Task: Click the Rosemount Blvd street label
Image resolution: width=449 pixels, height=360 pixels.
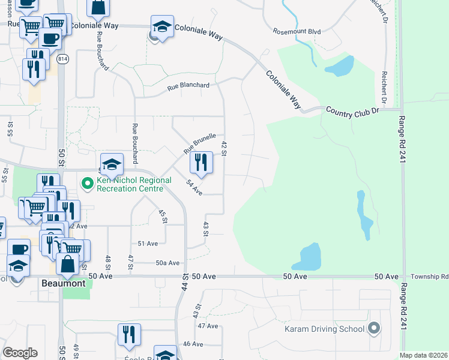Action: (x=297, y=31)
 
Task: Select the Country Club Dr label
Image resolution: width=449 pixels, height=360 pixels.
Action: (x=353, y=111)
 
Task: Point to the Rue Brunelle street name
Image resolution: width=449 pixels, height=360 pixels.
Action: (x=199, y=142)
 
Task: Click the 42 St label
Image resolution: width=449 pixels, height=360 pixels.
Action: (x=224, y=149)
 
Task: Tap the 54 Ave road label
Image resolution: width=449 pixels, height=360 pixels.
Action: (x=194, y=188)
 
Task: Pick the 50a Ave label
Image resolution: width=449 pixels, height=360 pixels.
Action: (x=167, y=263)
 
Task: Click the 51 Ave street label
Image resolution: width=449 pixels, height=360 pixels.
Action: (x=148, y=244)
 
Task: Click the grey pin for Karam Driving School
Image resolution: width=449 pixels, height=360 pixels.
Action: (x=375, y=328)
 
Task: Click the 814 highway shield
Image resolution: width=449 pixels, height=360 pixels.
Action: (x=62, y=59)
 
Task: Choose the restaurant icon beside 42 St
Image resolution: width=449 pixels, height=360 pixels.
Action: (x=201, y=161)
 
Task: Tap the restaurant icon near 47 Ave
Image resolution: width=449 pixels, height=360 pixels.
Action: (x=128, y=334)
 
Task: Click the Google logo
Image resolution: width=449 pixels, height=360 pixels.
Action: (x=20, y=352)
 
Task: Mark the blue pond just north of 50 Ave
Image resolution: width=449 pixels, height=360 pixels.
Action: (x=310, y=257)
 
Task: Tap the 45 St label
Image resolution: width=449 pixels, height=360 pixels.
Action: (x=162, y=217)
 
